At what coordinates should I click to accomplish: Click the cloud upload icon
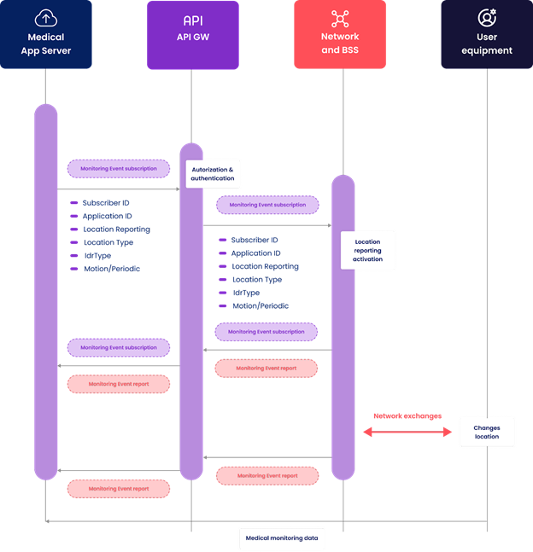pos(45,18)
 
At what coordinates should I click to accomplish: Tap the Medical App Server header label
pos(46,44)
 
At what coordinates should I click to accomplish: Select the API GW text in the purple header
pos(192,37)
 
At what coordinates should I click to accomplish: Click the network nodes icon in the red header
pos(340,18)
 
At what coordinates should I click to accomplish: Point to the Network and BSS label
pos(340,44)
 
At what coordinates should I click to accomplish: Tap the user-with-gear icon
pos(487,18)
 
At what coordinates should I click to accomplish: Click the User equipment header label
pos(487,44)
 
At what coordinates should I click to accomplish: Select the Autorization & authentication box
pos(213,174)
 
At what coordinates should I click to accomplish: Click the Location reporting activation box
pos(368,250)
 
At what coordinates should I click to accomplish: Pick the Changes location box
pos(487,433)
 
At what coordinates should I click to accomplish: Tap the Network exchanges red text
pos(407,416)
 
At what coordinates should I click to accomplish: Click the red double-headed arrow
pos(407,433)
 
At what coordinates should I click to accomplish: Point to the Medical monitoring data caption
pos(281,538)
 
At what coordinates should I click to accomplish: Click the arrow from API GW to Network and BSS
pos(266,226)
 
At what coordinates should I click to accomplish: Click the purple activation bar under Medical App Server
pos(45,290)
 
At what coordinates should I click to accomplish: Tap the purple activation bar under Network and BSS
pos(343,324)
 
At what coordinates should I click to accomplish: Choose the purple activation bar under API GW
pos(191,307)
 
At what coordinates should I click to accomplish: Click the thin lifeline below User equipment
pos(487,256)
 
